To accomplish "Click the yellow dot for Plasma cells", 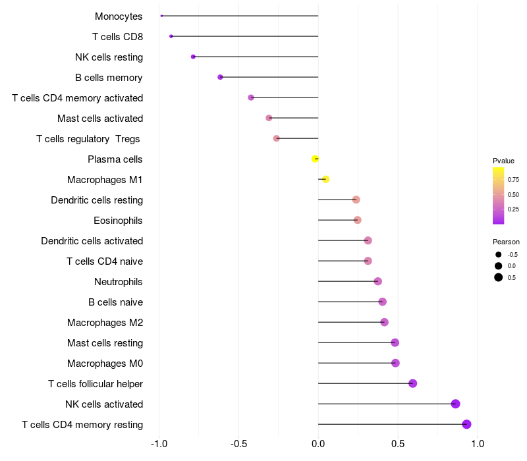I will pyautogui.click(x=316, y=159).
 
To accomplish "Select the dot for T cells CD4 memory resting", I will pyautogui.click(x=466, y=424).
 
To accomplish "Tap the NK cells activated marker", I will pyautogui.click(x=455, y=404).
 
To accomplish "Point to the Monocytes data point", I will pyautogui.click(x=161, y=16).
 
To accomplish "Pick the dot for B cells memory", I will pyautogui.click(x=220, y=77).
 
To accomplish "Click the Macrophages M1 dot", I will pyautogui.click(x=325, y=179).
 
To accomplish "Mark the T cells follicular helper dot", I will pyautogui.click(x=413, y=383).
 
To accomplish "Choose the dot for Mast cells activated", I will pyautogui.click(x=269, y=118).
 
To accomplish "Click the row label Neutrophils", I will pyautogui.click(x=119, y=282).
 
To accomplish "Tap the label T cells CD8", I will pyautogui.click(x=118, y=37).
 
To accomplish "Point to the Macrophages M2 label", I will pyautogui.click(x=105, y=323).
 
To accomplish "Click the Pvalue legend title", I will pyautogui.click(x=503, y=161).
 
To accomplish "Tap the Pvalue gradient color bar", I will pyautogui.click(x=498, y=196).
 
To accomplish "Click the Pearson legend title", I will pyautogui.click(x=506, y=242).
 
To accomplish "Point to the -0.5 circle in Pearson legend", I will pyautogui.click(x=499, y=254).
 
